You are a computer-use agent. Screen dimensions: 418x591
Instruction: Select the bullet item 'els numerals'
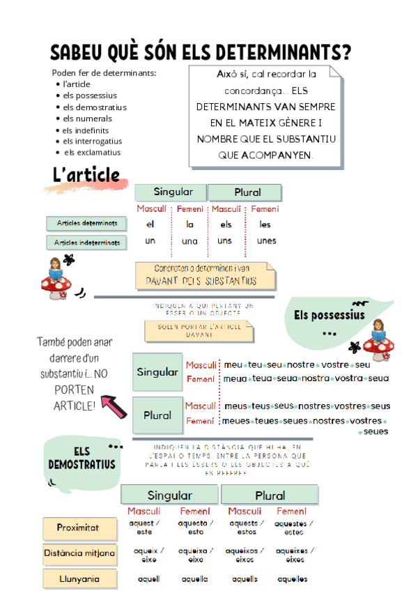[x=87, y=118]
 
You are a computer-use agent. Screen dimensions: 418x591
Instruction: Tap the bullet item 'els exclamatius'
[x=92, y=152]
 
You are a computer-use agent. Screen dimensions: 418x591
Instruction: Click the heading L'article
[x=86, y=175]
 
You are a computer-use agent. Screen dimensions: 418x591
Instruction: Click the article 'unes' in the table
[x=266, y=241]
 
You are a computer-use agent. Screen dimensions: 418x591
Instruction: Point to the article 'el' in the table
[x=150, y=224]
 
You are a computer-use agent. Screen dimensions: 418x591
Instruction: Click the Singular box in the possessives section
[x=157, y=372]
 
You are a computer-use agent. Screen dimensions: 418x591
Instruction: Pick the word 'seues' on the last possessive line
[x=376, y=431]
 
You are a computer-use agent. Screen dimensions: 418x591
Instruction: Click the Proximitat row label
[x=78, y=528]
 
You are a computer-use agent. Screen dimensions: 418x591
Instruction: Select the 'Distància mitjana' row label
[x=79, y=553]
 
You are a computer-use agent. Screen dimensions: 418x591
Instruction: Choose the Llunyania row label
[x=78, y=578]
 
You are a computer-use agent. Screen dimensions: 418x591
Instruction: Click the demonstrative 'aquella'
[x=194, y=578]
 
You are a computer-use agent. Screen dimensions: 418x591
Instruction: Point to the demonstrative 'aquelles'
[x=293, y=578]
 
